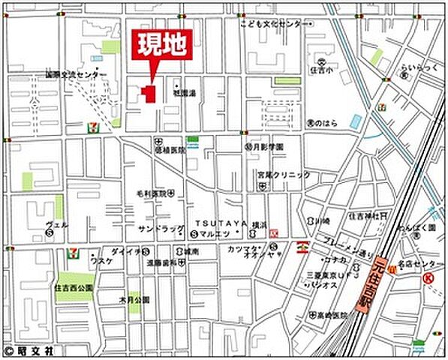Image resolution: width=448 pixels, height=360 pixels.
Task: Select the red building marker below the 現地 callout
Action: (148, 94)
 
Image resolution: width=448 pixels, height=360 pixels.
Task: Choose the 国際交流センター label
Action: (75, 74)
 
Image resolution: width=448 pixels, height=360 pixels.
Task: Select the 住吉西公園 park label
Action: (73, 287)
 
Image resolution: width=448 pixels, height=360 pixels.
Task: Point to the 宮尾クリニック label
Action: (283, 175)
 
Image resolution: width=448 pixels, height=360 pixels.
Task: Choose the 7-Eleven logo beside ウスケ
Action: (74, 253)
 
